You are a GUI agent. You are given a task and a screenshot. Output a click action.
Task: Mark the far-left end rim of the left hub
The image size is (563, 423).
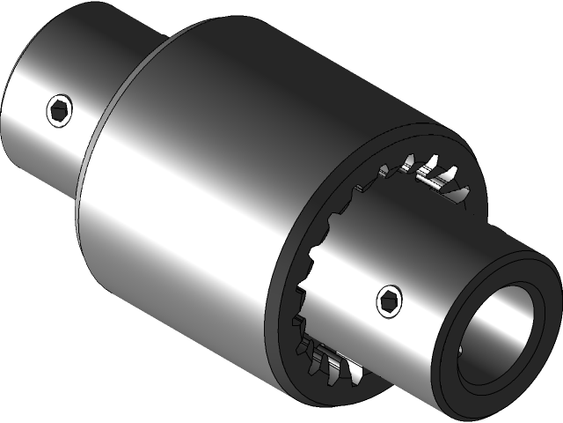pyautogui.click(x=8, y=123)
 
